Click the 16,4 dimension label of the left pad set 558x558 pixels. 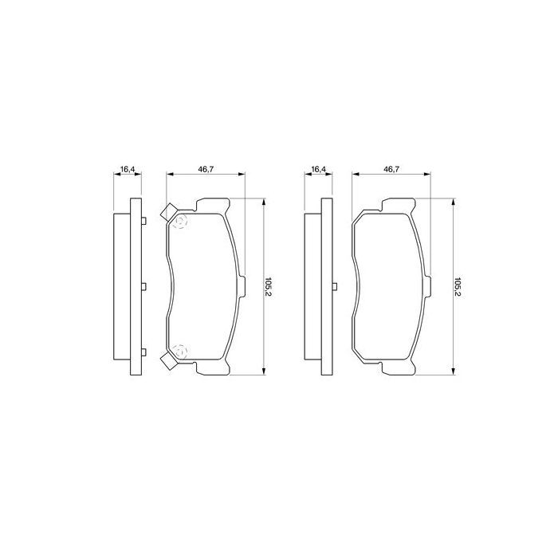coord(126,169)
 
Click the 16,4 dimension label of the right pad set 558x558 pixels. coord(318,169)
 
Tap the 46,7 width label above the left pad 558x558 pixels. coord(206,169)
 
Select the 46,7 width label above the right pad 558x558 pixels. coord(391,169)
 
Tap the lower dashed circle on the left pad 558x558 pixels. coord(179,351)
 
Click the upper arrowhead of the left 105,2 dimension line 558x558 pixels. coord(264,202)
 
